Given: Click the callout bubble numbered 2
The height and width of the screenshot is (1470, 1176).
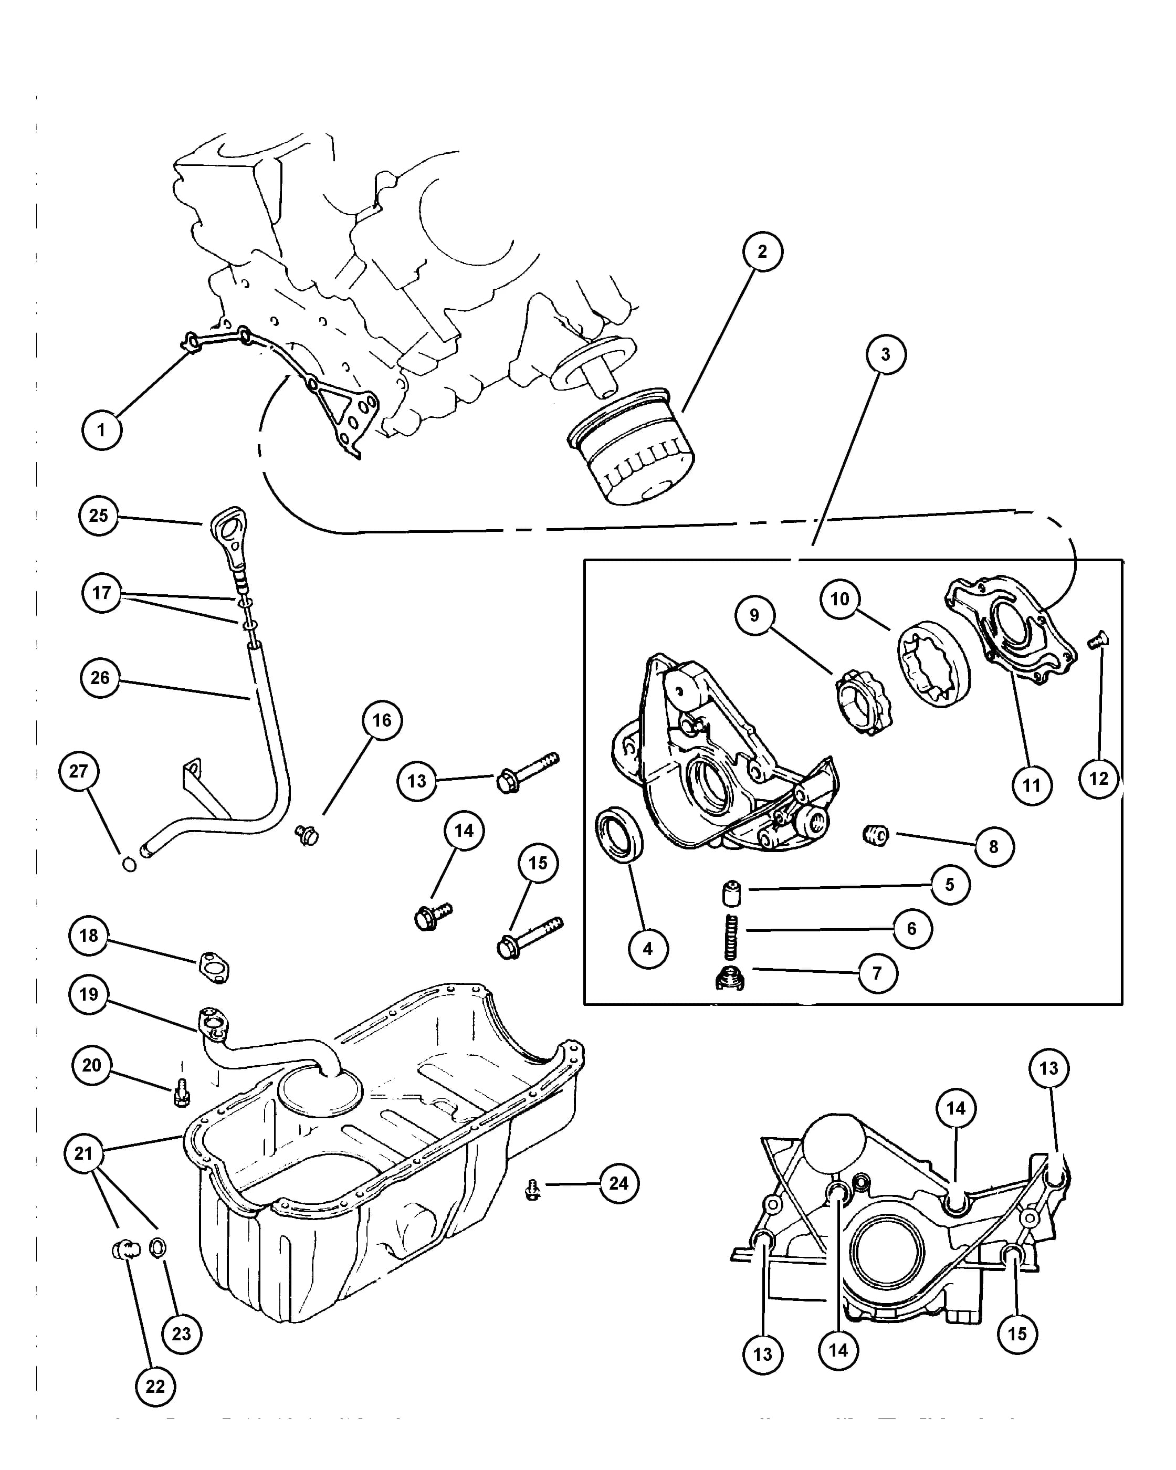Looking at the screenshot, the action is coord(762,251).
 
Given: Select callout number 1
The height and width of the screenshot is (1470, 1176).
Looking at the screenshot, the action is coord(101,430).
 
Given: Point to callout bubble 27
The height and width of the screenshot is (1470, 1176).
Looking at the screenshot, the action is coord(78,771).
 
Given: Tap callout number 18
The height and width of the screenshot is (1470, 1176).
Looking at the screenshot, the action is coord(89,936).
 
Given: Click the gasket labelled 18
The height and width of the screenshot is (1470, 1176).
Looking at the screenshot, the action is coord(213,969).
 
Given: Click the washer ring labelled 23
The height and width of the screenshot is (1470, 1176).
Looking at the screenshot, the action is coord(158,1248).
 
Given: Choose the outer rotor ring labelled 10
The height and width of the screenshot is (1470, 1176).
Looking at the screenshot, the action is coord(933,664).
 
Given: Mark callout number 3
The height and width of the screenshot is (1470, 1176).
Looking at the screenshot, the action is coord(886,354).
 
